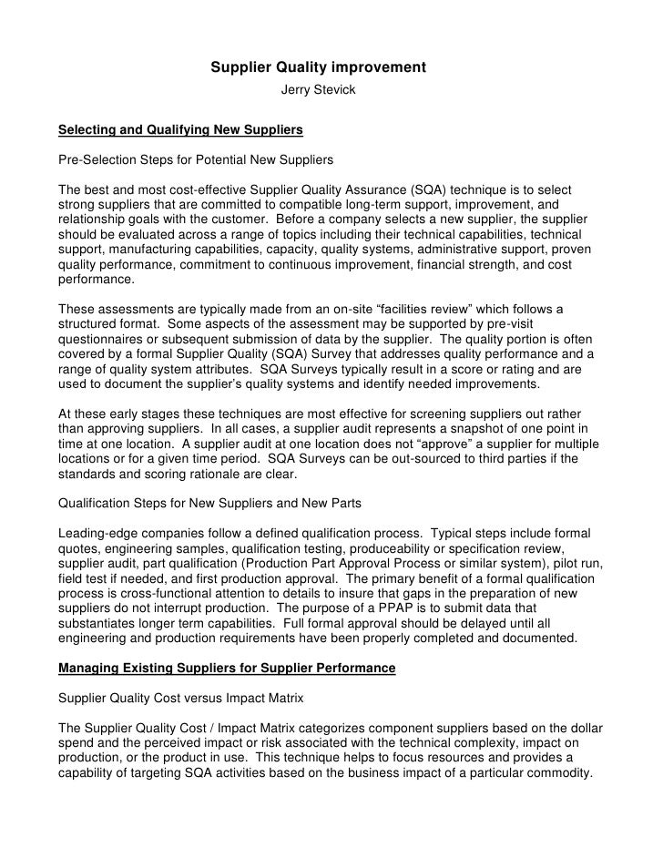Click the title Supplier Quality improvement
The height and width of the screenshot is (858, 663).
coord(319,67)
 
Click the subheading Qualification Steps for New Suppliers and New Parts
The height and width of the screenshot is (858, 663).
coord(208,502)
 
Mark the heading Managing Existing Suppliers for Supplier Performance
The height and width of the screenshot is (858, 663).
coord(227,668)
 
